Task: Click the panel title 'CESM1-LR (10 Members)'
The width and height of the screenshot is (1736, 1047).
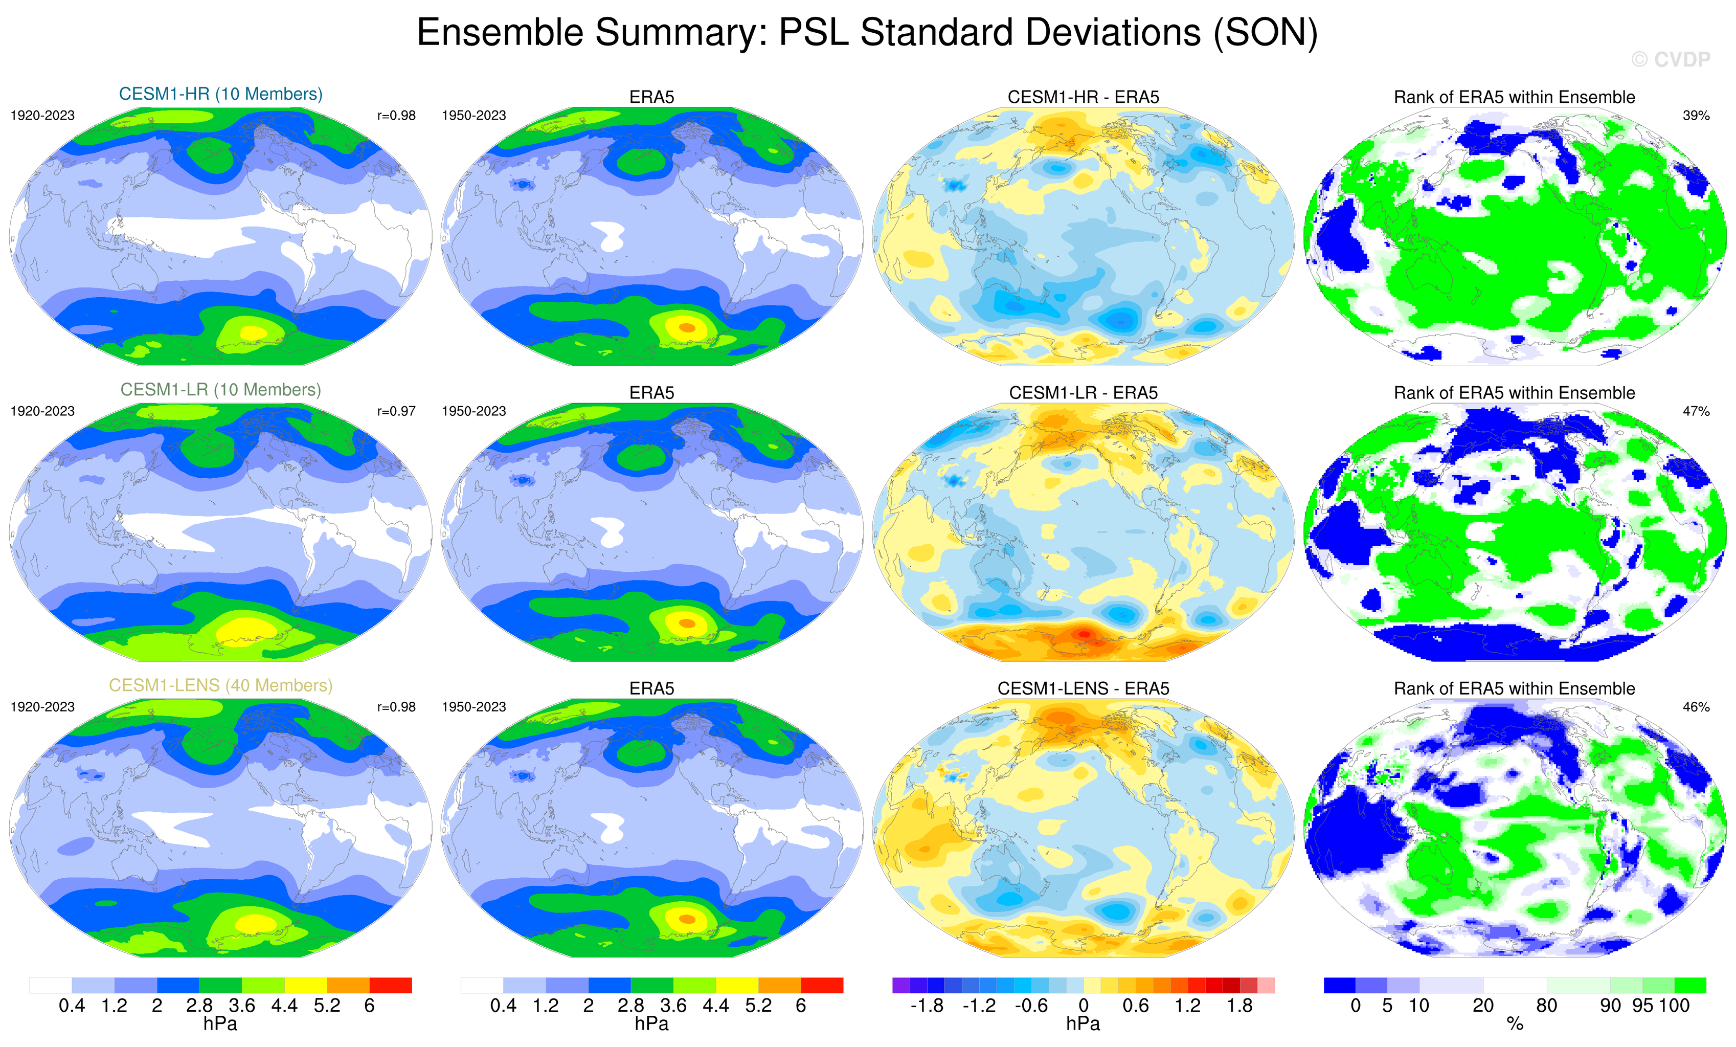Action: (220, 390)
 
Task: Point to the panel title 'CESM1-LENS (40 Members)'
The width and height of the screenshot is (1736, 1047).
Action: (220, 685)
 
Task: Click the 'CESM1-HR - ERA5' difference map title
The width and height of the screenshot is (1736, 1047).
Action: (1083, 97)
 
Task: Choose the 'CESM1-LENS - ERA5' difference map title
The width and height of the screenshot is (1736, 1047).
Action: (1083, 688)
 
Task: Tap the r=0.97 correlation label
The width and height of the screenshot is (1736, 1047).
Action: (396, 411)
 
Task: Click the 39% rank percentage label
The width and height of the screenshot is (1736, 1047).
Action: (1696, 116)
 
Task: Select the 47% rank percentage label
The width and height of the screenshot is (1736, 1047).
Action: (1696, 411)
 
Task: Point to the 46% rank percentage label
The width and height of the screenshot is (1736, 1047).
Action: (1696, 707)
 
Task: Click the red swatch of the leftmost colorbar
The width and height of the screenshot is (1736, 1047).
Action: (390, 985)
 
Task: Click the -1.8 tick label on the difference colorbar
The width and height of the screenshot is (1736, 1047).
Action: (927, 1006)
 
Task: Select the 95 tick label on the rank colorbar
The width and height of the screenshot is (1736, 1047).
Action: (1642, 1006)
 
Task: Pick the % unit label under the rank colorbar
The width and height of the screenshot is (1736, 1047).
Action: (1515, 1024)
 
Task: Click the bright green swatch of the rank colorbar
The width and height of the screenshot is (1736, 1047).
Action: (1690, 985)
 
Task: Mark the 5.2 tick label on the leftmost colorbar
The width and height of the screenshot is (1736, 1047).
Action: (327, 1006)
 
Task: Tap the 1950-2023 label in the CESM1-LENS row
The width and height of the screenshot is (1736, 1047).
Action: (474, 707)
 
